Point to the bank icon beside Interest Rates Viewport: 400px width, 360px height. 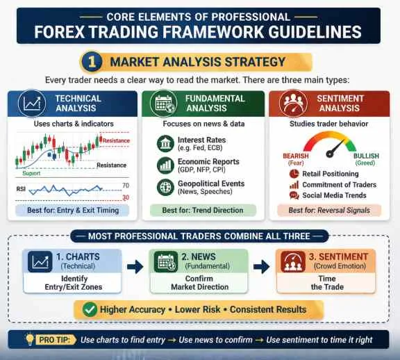coord(165,144)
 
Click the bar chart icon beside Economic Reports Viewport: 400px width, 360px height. coord(165,165)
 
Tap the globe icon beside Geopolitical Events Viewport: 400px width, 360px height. coord(165,187)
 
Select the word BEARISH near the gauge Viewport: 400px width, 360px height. coord(296,156)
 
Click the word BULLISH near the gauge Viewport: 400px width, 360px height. coord(366,156)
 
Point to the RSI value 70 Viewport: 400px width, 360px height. coord(126,186)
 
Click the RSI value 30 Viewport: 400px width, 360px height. coord(126,198)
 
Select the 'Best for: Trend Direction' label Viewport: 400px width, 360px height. coord(202,210)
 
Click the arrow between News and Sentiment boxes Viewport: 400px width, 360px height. coord(261,266)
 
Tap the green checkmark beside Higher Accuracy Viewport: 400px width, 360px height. coord(90,309)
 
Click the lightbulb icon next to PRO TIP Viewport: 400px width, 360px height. coord(29,340)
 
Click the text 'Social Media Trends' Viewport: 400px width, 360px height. coord(335,195)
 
